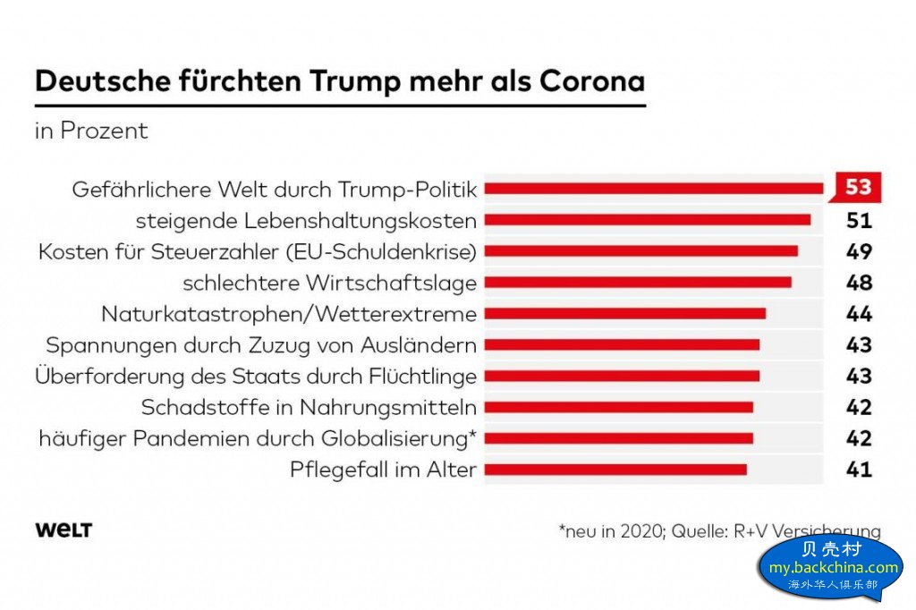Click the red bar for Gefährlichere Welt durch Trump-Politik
(653, 189)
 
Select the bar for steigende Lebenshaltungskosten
(647, 220)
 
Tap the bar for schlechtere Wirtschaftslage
(637, 283)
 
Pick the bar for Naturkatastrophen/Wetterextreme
(624, 314)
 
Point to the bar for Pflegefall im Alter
(615, 470)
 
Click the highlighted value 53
(858, 188)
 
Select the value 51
(859, 220)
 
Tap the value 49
(859, 251)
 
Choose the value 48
(859, 283)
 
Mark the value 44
(859, 314)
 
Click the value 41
(859, 470)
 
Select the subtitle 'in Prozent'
(91, 131)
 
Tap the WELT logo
(64, 530)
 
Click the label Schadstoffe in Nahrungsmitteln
(309, 408)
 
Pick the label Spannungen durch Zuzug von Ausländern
(261, 345)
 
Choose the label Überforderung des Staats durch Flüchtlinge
(256, 377)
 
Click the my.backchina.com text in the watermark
(833, 567)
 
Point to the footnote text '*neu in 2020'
(611, 531)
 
